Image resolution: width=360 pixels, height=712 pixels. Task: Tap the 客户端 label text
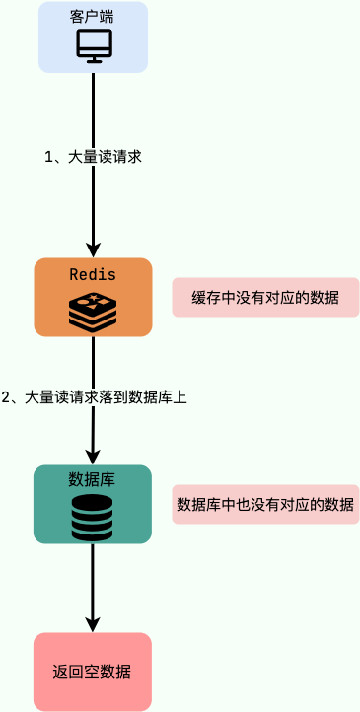pos(93,17)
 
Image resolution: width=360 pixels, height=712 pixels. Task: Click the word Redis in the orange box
pos(93,273)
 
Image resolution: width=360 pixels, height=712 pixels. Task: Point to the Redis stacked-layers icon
pos(93,312)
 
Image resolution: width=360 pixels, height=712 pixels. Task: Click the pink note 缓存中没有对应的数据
pos(265,297)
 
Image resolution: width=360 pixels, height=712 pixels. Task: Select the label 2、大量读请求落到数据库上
pos(95,397)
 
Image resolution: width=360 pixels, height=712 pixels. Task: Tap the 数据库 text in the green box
pos(92,480)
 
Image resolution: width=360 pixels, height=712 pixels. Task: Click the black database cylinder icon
pos(92,518)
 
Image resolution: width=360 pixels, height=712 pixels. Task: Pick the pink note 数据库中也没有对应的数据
pos(265,504)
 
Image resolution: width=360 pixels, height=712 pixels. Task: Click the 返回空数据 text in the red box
pos(92,673)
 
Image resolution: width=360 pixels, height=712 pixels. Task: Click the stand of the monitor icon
pos(94,58)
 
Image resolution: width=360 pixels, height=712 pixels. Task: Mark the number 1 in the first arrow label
pos(49,156)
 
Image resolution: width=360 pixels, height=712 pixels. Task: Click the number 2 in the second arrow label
pos(6,397)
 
